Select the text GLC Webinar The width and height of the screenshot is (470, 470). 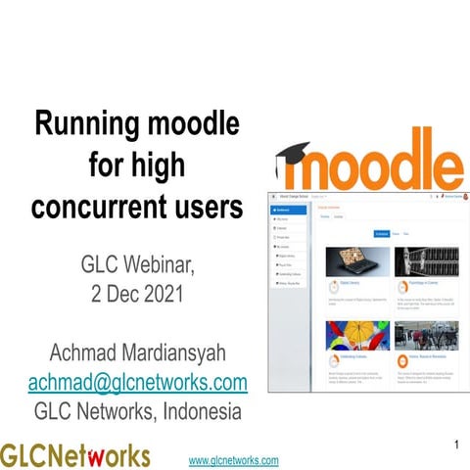[x=136, y=262]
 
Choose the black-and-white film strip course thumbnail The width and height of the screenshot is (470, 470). [x=420, y=262]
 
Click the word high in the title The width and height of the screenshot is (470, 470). [x=154, y=165]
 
